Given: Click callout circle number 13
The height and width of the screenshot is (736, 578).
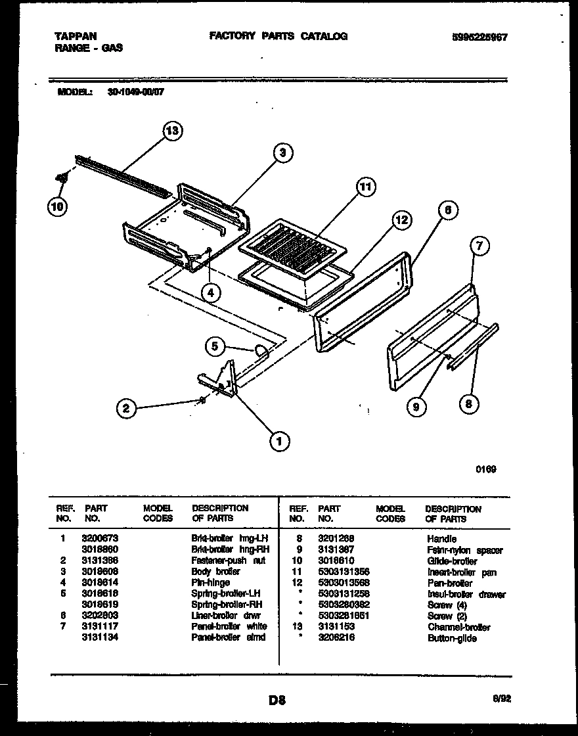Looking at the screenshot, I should [171, 131].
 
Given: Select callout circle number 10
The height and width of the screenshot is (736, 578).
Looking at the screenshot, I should [57, 206].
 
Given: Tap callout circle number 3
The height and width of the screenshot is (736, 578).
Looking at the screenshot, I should [282, 153].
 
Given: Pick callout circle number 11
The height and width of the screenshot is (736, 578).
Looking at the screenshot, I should [365, 187].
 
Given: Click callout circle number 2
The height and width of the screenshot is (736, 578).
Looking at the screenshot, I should [125, 408].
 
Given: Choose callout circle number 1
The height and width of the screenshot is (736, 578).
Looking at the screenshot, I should [279, 442].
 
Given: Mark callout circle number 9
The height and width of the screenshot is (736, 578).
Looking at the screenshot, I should [415, 408].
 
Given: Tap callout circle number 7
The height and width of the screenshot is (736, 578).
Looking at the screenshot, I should [480, 246].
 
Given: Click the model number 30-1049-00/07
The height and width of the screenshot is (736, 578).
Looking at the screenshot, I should [135, 93].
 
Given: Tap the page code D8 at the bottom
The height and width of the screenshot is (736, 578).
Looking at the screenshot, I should [277, 700].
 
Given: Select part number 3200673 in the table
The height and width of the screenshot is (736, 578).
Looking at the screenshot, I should [100, 538].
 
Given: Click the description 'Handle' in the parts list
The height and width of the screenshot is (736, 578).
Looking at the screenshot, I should [441, 539].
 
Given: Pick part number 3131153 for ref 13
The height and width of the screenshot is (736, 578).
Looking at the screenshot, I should [336, 627].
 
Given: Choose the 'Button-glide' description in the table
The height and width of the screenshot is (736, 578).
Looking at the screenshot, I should [452, 638].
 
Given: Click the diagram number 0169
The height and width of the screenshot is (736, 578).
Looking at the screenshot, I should [486, 469].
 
